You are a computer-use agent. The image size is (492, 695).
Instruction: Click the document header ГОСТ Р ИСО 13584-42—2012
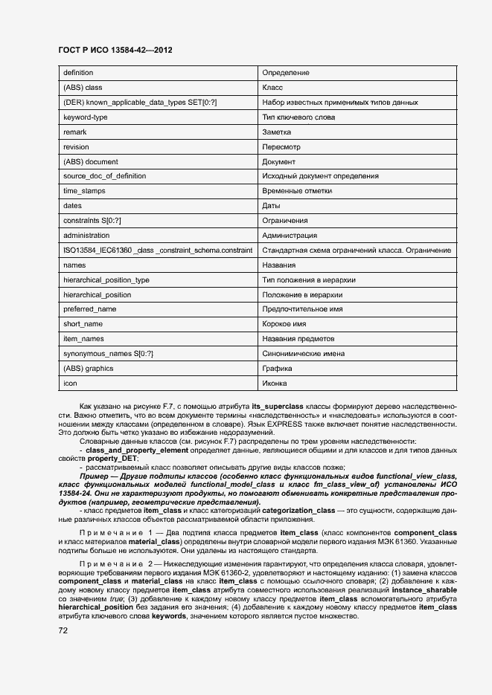click(115, 50)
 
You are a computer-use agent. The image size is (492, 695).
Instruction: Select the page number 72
click(63, 630)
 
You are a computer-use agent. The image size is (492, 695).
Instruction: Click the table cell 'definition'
click(78, 73)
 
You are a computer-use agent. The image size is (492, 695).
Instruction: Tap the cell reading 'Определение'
click(286, 73)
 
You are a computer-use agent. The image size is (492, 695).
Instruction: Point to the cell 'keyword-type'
click(86, 117)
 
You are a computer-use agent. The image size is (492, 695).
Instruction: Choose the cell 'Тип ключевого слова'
click(298, 117)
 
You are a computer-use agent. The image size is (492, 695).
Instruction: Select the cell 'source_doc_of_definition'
click(104, 176)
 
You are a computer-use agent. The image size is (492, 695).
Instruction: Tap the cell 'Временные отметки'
click(297, 191)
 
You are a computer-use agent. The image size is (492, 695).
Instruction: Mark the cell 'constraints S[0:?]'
click(92, 221)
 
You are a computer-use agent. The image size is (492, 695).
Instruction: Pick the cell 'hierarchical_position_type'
click(106, 279)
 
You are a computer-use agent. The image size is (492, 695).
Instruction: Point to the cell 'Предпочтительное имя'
click(302, 309)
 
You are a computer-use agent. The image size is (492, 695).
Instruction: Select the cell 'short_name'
click(83, 324)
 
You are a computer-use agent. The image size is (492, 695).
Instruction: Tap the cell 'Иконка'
click(275, 384)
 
